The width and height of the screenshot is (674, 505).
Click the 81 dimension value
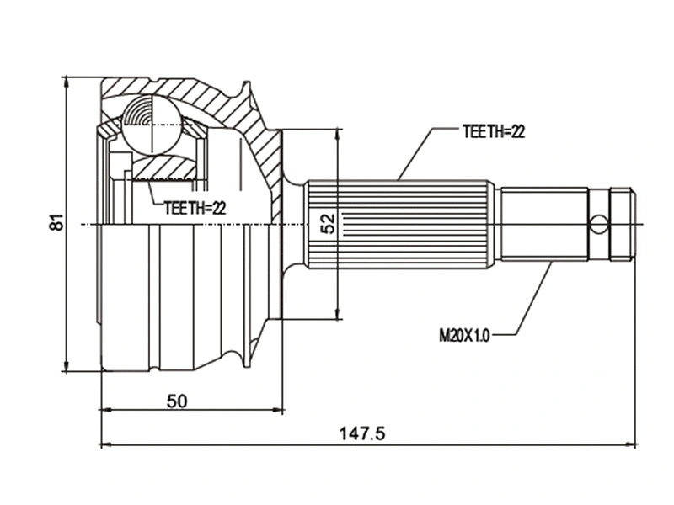pos(56,223)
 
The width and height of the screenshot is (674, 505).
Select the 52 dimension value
pos(329,223)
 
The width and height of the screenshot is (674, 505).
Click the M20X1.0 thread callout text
pos(463,334)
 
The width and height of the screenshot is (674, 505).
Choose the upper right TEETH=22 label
pos(494,131)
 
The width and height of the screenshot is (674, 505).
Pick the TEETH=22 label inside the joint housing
pos(195,208)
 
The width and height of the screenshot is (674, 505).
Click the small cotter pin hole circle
pos(598,224)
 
